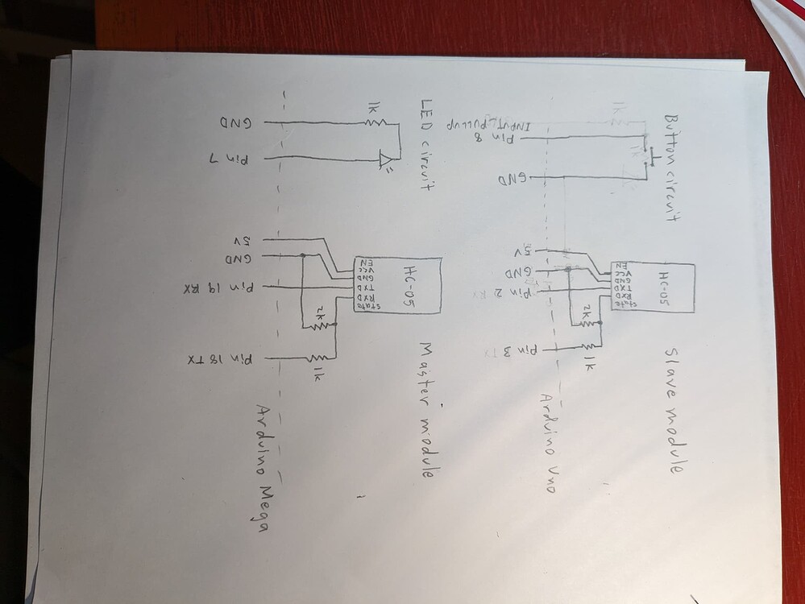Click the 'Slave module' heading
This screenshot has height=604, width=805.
click(x=673, y=410)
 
